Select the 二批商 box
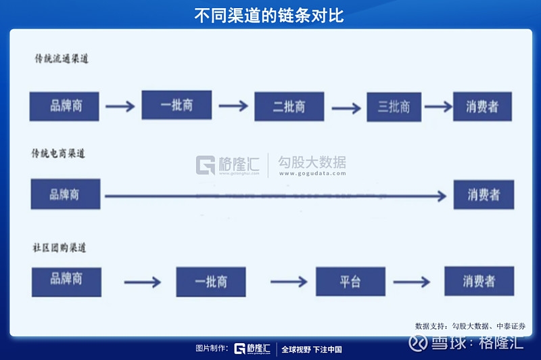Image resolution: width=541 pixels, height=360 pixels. (289, 106)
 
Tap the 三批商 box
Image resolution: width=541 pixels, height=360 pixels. (394, 106)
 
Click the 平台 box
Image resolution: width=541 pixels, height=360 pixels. (350, 282)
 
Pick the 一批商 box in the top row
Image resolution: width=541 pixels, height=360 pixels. (177, 105)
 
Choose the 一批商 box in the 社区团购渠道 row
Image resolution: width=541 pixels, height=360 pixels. (211, 282)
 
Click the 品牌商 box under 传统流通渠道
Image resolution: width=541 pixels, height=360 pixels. (64, 106)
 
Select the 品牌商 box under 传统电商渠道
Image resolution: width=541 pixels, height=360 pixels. (65, 194)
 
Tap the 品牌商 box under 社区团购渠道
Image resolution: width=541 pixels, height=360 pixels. (66, 281)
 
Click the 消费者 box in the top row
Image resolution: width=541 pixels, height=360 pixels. (482, 106)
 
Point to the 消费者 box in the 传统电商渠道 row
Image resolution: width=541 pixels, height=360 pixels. (484, 195)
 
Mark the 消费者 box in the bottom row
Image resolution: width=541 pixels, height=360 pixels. (479, 281)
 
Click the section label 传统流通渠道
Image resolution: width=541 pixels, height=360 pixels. (62, 59)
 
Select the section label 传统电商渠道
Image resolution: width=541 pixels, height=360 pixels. (60, 154)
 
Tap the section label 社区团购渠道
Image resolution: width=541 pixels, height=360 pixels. (60, 248)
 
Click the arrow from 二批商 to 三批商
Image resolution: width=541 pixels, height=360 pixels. (346, 108)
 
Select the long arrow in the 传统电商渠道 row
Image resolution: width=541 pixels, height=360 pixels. (274, 196)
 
